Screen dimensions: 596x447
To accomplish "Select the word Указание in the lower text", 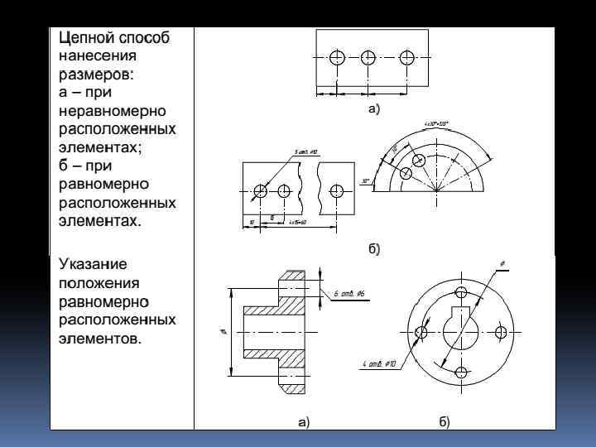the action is (x=93, y=264).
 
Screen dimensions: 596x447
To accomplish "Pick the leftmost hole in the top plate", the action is (x=336, y=57).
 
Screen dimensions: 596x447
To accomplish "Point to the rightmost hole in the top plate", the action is (x=406, y=57).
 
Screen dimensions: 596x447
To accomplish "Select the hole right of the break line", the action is (x=336, y=190).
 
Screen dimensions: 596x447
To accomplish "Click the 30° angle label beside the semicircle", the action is (x=365, y=180).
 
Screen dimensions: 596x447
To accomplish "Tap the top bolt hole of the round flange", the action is (x=461, y=293).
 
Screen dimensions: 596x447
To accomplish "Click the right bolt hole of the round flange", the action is (x=500, y=332).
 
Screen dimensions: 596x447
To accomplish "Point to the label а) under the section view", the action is (x=304, y=421).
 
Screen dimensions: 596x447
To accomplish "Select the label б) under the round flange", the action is (x=445, y=421).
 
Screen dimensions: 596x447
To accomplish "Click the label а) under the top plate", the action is (x=373, y=108).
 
